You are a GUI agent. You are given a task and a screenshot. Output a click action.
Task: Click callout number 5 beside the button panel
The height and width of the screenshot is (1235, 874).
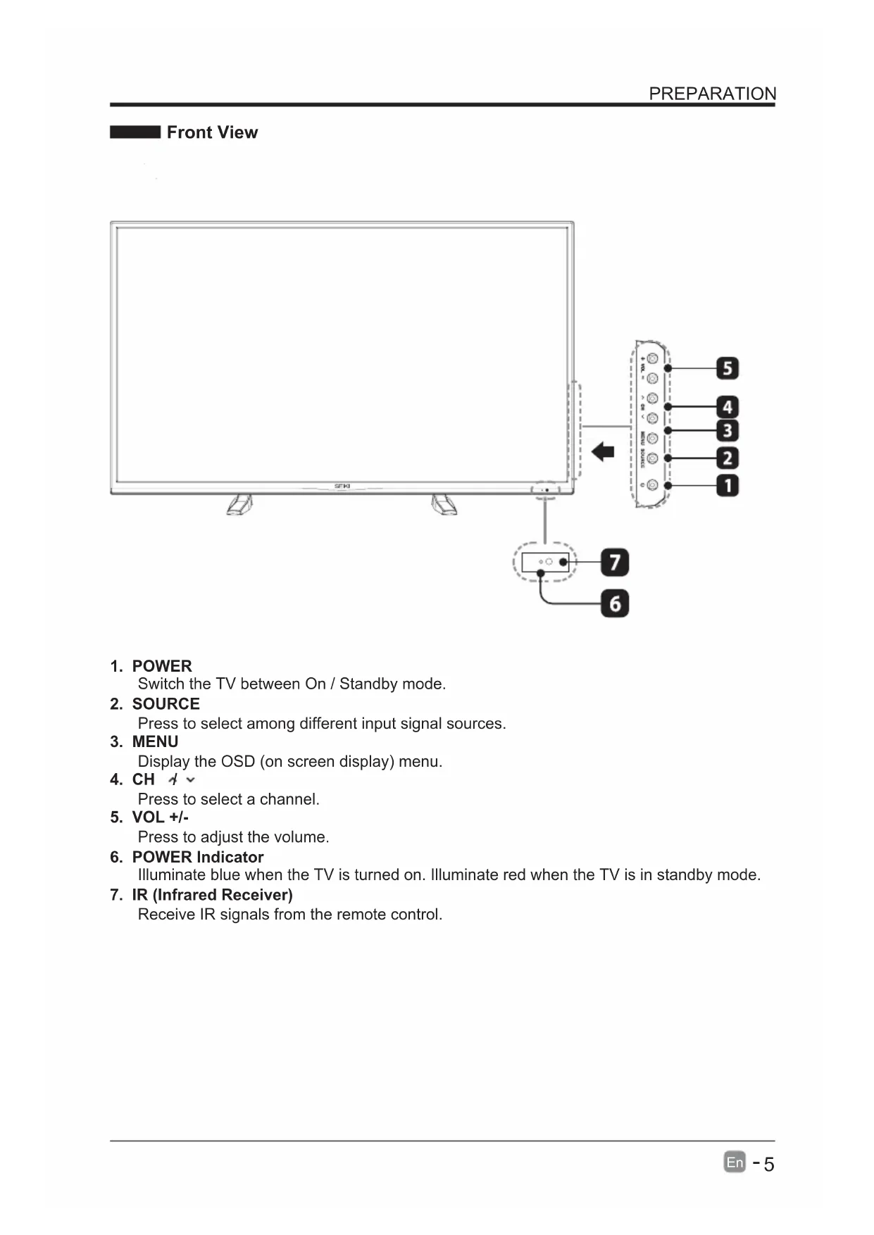[x=728, y=368]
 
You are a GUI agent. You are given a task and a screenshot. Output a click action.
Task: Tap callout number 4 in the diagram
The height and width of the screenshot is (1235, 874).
[x=728, y=407]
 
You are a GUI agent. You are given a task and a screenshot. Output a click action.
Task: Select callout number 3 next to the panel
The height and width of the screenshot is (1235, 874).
[x=728, y=430]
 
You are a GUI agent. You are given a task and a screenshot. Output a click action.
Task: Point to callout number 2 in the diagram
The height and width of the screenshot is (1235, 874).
[x=728, y=458]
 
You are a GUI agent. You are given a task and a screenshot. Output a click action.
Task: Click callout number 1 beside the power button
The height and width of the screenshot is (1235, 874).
[x=728, y=485]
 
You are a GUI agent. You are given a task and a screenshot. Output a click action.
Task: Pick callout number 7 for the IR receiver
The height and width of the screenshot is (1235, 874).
[x=615, y=563]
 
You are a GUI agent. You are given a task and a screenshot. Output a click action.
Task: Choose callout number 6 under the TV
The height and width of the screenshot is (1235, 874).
[x=615, y=603]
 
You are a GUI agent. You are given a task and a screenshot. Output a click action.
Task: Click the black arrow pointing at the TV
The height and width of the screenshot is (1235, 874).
[x=603, y=451]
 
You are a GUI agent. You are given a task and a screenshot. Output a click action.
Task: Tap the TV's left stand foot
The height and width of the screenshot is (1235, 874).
[x=239, y=504]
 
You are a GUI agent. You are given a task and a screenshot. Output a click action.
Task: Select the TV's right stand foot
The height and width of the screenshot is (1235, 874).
[x=444, y=504]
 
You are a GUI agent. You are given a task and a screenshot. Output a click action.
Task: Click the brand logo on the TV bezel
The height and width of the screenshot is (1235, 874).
[x=342, y=487]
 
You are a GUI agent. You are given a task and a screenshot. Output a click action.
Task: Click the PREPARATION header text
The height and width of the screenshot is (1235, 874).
[x=712, y=94]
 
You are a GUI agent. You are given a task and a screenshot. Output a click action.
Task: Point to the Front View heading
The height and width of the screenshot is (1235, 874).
[x=212, y=132]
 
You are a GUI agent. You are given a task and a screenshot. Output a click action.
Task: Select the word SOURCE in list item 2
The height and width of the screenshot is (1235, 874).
[x=166, y=704]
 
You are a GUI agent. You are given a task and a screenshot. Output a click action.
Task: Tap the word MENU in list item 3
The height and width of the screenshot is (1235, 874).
[x=155, y=742]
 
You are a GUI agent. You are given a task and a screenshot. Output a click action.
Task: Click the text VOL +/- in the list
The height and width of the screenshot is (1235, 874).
[x=161, y=817]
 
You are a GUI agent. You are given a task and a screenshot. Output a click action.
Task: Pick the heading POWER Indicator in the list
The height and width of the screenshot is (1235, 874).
[x=198, y=857]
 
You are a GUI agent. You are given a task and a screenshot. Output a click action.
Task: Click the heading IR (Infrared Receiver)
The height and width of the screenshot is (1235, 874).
[x=212, y=895]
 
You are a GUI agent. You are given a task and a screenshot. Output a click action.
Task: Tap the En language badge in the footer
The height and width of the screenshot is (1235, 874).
[x=735, y=1162]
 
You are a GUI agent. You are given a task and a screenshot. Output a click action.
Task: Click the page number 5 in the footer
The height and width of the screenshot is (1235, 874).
[x=768, y=1165]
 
